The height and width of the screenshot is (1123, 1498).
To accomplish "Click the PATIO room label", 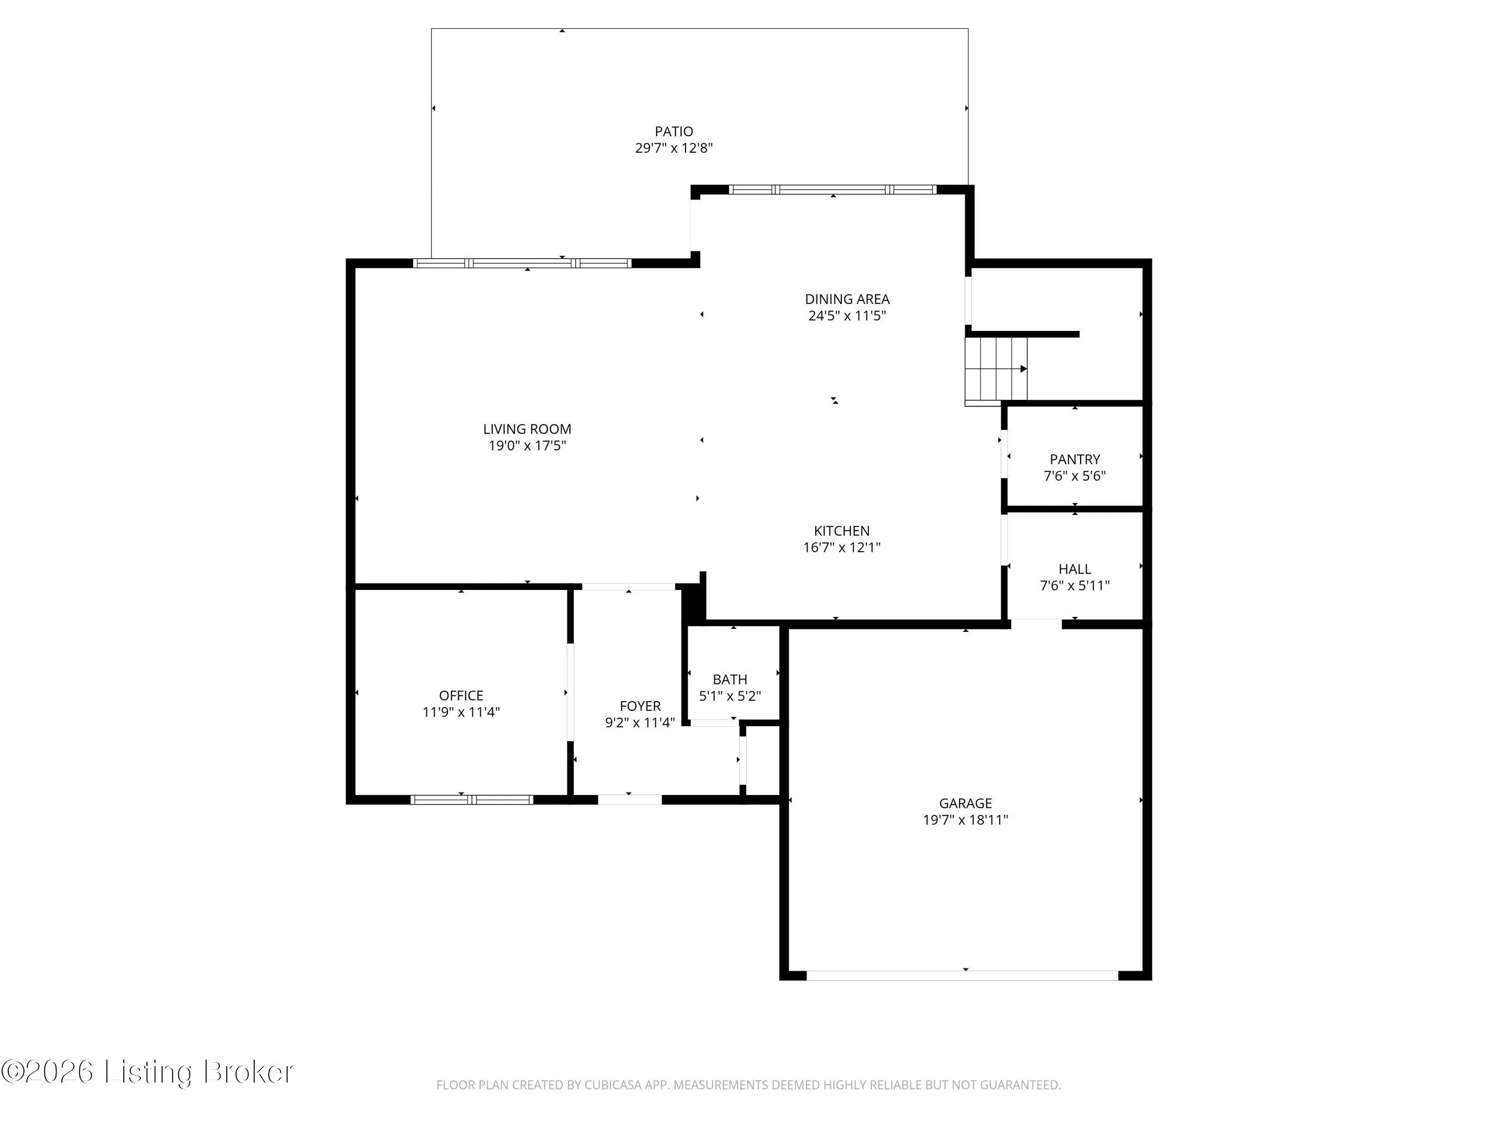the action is point(674,131).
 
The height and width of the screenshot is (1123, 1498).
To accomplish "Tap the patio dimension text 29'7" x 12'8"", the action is point(674,148).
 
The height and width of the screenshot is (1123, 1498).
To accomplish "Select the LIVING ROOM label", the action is point(527,429).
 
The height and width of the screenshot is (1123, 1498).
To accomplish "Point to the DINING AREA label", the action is point(847,299).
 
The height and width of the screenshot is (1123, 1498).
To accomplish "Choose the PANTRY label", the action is point(1075,460).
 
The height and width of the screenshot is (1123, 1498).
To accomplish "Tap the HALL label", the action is point(1075,569).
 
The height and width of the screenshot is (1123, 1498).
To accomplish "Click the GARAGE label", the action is point(965,804).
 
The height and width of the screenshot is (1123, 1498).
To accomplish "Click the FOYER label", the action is point(640,706).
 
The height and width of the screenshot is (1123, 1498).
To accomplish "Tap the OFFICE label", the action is point(461,696).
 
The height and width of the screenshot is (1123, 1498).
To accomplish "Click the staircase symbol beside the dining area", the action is point(996,370).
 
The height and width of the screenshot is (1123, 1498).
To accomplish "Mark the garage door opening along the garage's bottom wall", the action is point(962,975).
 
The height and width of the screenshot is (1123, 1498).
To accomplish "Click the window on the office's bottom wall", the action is point(472,800).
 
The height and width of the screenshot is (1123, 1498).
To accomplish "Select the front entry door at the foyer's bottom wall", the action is point(630,800).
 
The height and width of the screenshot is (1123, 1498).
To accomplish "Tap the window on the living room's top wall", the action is point(522,264).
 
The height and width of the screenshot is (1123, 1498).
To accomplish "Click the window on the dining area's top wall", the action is point(833,190).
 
